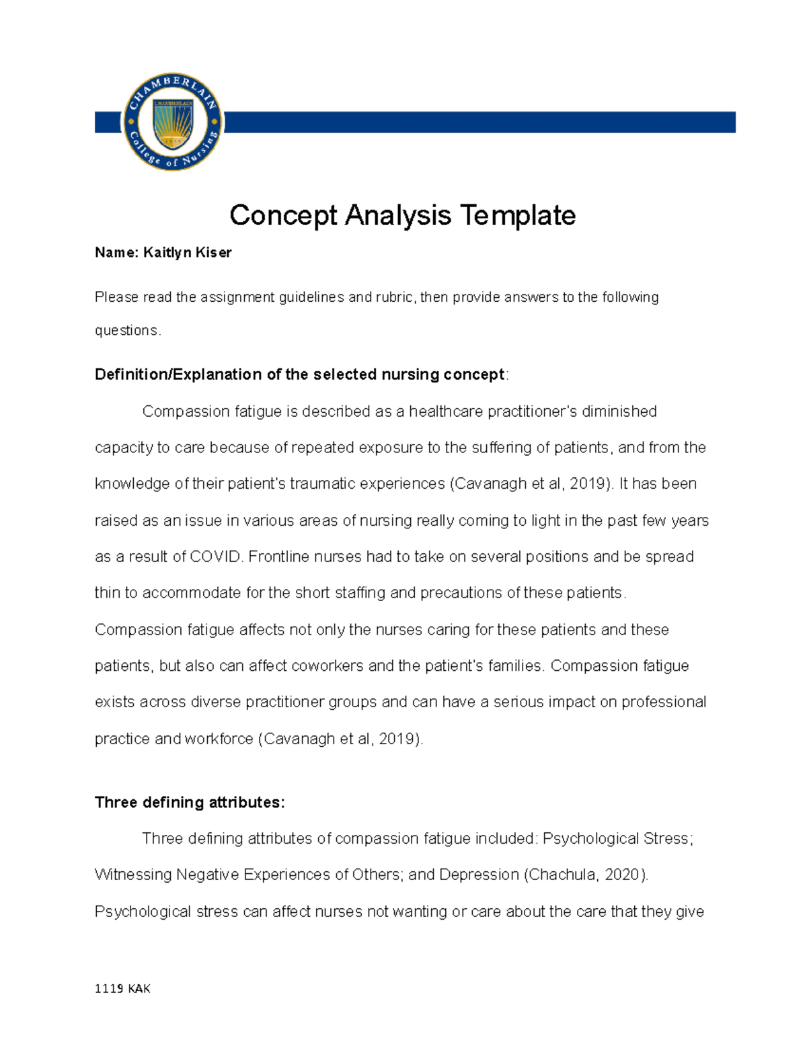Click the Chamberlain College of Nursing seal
173,122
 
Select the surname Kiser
213,253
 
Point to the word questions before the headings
126,331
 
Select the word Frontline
279,557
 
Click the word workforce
219,739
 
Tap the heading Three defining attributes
190,803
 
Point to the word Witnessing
133,875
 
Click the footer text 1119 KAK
122,988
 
